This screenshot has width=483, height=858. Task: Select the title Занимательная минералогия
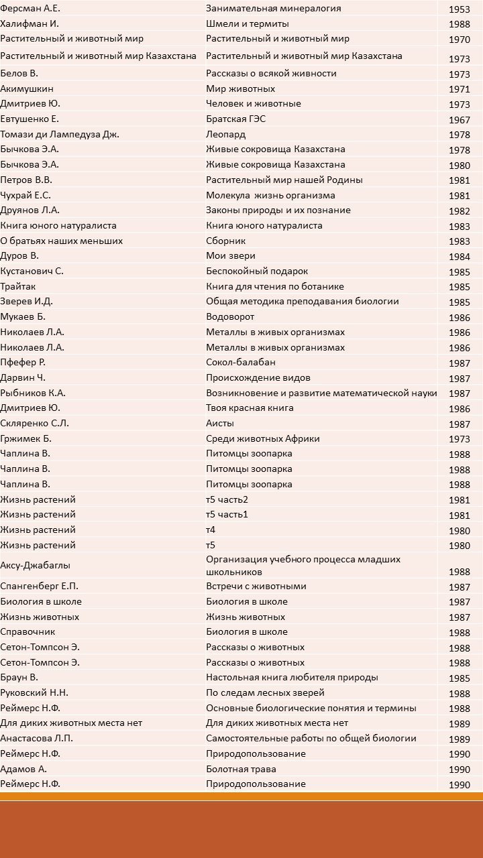(273, 9)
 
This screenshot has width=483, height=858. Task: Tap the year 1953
(460, 9)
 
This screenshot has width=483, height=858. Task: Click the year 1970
(460, 40)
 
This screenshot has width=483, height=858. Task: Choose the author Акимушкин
(27, 88)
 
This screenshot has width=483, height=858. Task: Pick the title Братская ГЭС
(235, 119)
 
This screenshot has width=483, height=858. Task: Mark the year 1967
(460, 120)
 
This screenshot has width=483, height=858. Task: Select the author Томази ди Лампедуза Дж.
(60, 134)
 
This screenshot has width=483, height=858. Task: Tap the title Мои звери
(230, 255)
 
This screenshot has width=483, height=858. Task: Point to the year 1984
(460, 257)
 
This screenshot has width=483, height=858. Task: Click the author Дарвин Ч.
(23, 377)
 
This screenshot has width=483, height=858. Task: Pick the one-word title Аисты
(221, 423)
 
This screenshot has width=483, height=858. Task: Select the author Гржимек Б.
(25, 438)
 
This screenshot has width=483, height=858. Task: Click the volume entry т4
(211, 530)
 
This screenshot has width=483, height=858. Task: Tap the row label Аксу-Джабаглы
(35, 565)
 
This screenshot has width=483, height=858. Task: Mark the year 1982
(460, 211)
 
